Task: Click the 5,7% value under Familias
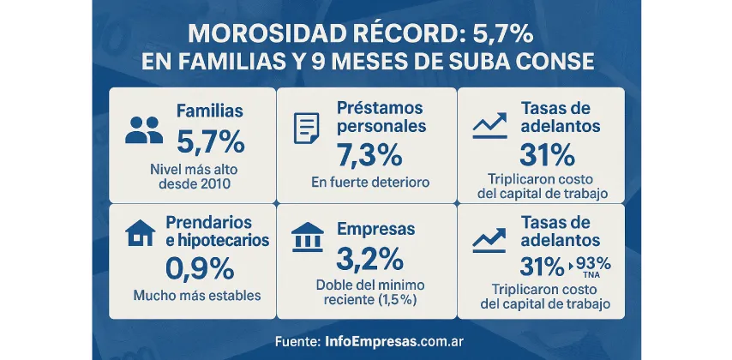(x=210, y=140)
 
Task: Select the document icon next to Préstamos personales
(x=306, y=128)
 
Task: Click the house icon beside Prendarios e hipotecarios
(x=141, y=232)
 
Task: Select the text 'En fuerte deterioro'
(x=370, y=183)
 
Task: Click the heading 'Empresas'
(x=376, y=230)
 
